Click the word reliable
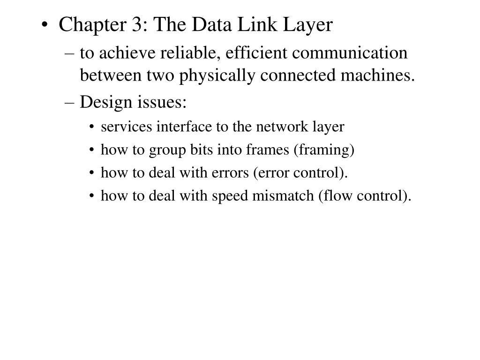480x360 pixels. (191, 53)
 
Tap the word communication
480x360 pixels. (350, 52)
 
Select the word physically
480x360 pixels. (217, 76)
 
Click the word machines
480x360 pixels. (377, 75)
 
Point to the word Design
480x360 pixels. (105, 103)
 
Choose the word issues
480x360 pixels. (162, 102)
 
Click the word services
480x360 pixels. (126, 127)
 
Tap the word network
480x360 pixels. (282, 127)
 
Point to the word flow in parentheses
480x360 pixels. (335, 196)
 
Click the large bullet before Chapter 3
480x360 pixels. (45, 25)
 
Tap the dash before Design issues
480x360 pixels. (69, 103)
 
